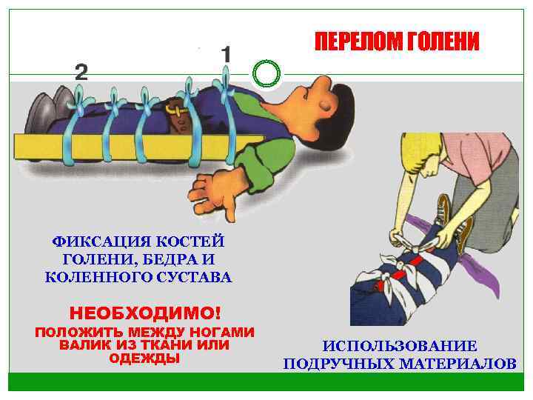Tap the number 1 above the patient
226,55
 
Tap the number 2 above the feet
81,72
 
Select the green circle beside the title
266,73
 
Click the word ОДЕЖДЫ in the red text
144,359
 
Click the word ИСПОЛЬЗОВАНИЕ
400,346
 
